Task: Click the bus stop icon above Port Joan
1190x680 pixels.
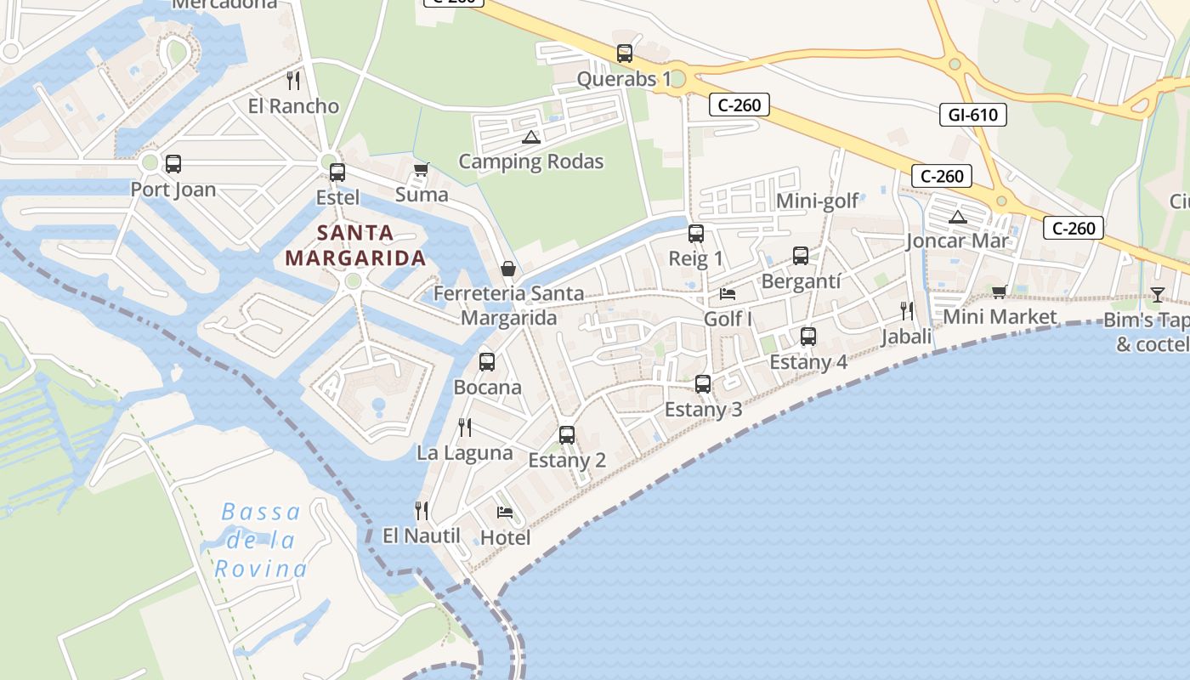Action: click(173, 164)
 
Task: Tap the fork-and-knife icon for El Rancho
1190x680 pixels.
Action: click(293, 81)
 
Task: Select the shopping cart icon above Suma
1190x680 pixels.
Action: click(421, 170)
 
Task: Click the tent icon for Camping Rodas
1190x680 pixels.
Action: click(531, 137)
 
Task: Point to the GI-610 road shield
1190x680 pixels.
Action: click(972, 115)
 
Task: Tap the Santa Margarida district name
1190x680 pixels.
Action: click(355, 245)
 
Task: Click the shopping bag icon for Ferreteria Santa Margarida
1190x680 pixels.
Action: click(508, 269)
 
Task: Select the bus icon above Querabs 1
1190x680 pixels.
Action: click(625, 54)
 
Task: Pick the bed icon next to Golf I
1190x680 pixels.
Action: click(728, 294)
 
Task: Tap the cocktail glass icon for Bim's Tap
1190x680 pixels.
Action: click(1157, 295)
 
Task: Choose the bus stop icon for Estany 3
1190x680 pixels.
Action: click(703, 384)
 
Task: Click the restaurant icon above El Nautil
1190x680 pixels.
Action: click(421, 510)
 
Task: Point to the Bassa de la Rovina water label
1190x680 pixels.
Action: click(260, 541)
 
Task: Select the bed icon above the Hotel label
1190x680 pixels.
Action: click(505, 513)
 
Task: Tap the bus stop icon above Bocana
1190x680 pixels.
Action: click(487, 362)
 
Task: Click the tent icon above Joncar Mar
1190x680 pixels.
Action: click(958, 217)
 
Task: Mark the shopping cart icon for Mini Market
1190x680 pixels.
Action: click(999, 292)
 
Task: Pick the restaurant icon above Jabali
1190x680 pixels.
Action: click(907, 311)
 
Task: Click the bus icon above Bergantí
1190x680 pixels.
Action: click(801, 256)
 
